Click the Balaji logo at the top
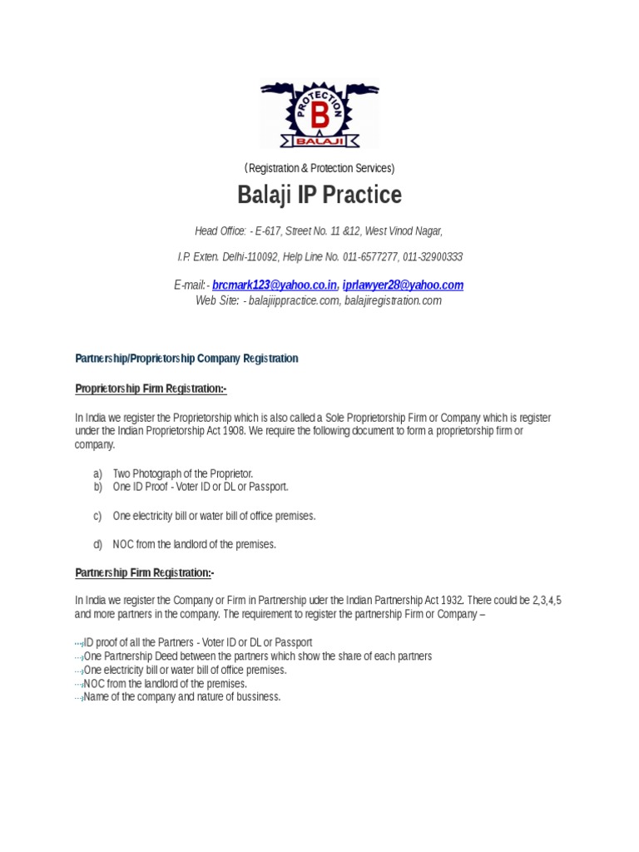click(319, 114)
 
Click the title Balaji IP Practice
click(319, 195)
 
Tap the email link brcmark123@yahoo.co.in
click(275, 285)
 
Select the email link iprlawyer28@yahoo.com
click(403, 285)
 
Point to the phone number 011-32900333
click(433, 257)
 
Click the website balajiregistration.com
click(392, 300)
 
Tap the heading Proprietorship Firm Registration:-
click(151, 389)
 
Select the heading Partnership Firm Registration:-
click(145, 572)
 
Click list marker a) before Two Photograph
click(98, 473)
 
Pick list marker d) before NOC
click(98, 544)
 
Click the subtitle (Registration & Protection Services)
click(319, 168)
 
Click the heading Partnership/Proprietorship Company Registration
click(186, 359)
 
